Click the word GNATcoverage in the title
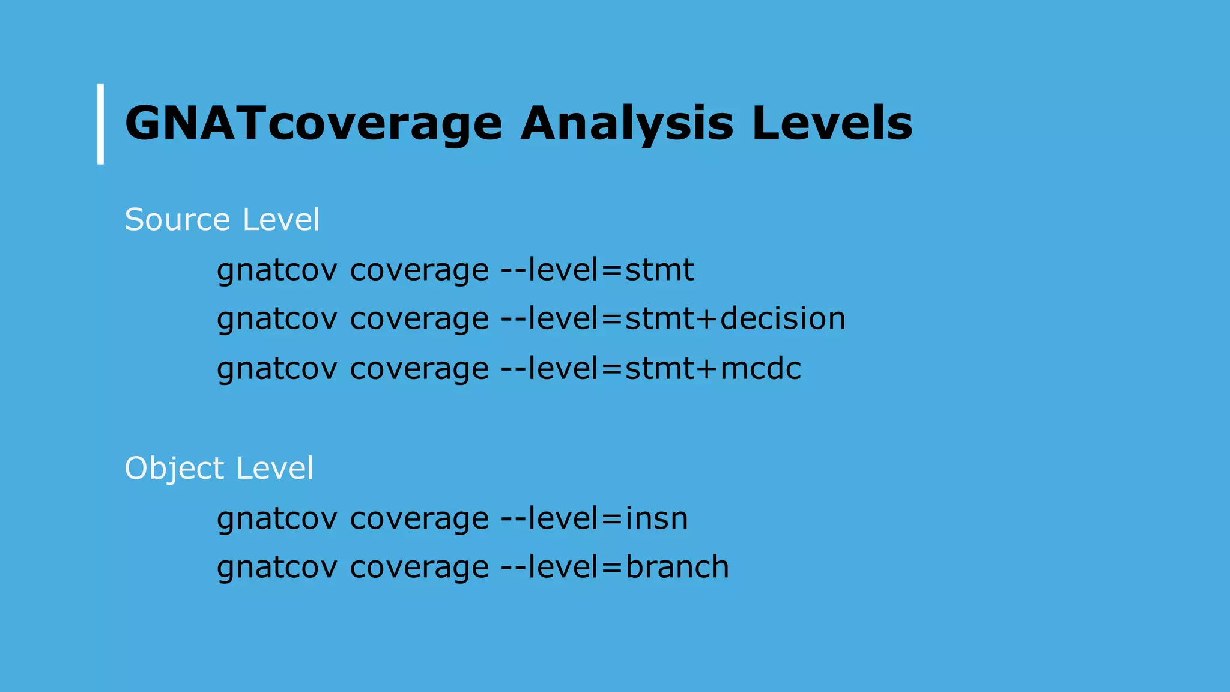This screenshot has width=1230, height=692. coord(313,124)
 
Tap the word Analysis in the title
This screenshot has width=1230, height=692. coord(626,124)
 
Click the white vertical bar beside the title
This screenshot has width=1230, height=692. coord(100,124)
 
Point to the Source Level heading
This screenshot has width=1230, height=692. coord(222,219)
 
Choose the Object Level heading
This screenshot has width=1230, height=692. coord(219,468)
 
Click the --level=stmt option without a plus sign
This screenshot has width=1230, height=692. coord(598,270)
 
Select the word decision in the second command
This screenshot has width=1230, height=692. coord(783,318)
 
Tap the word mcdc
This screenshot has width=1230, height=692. coord(760,368)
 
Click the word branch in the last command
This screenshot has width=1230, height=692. coord(677,567)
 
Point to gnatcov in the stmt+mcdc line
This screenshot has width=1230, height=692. coord(277,369)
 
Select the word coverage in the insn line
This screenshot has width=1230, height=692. coord(419,519)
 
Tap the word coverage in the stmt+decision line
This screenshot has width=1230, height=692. coord(419,320)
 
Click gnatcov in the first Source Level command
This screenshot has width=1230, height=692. coord(277,271)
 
